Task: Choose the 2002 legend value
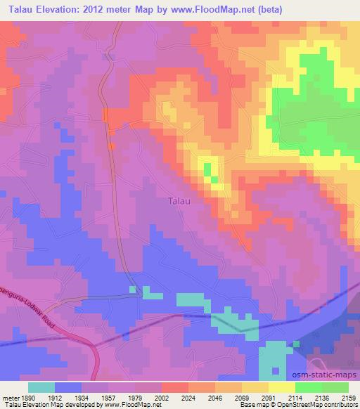[x=162, y=398]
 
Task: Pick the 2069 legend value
[x=243, y=398]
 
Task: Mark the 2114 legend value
[x=295, y=398]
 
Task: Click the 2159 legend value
[x=349, y=398]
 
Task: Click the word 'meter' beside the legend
[x=9, y=398]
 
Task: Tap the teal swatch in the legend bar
[x=41, y=387]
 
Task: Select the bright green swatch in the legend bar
[x=309, y=387]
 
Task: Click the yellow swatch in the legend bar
[x=282, y=387]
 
